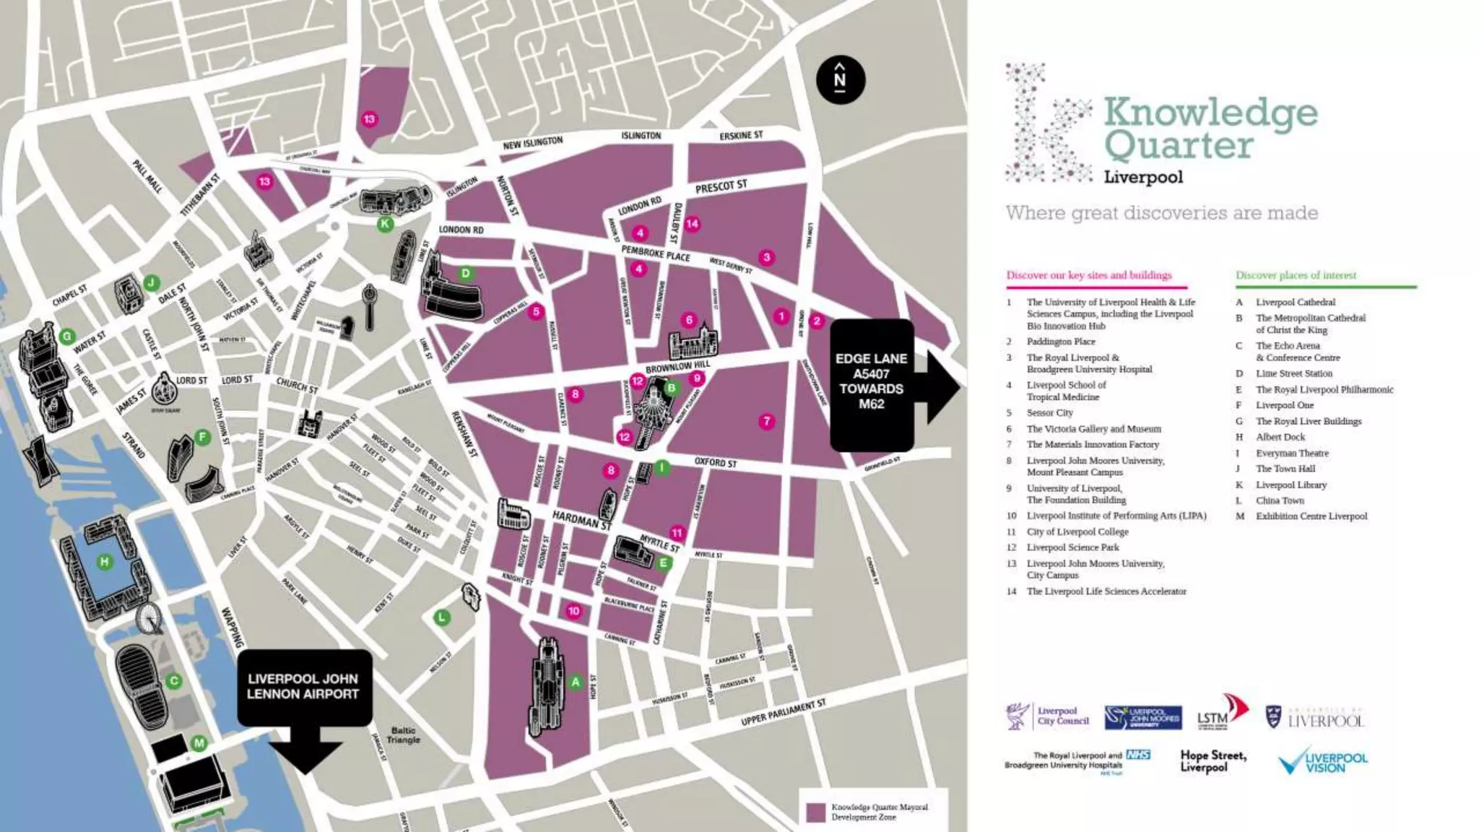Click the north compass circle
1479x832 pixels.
841,79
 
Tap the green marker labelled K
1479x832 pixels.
385,224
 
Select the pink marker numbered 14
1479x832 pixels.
692,224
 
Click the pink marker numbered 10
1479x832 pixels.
573,611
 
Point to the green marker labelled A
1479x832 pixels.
576,682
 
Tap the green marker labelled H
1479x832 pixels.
105,562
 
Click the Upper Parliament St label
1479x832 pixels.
783,712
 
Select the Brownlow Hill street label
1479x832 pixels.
677,367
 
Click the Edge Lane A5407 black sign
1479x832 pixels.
872,383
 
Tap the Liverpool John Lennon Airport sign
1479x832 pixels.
303,687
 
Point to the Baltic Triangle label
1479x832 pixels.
403,735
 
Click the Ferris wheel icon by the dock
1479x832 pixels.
149,618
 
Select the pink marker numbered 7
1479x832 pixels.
767,421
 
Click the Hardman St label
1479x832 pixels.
581,519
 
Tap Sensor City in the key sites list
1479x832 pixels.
1049,413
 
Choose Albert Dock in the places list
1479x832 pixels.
1280,437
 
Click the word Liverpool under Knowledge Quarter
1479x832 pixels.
1143,177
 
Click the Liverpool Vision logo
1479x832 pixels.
1323,763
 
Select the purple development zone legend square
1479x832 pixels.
816,812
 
